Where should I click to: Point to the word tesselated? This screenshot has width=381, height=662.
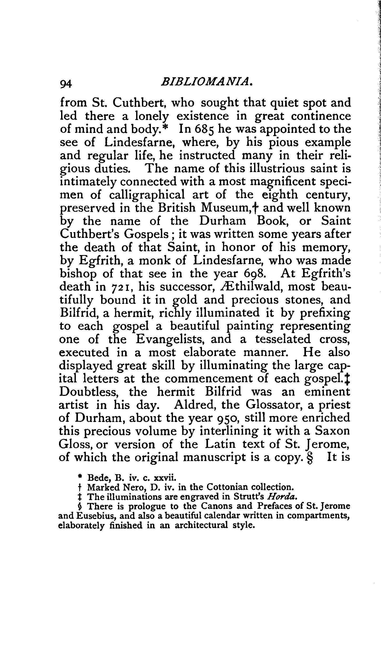[283, 339]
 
